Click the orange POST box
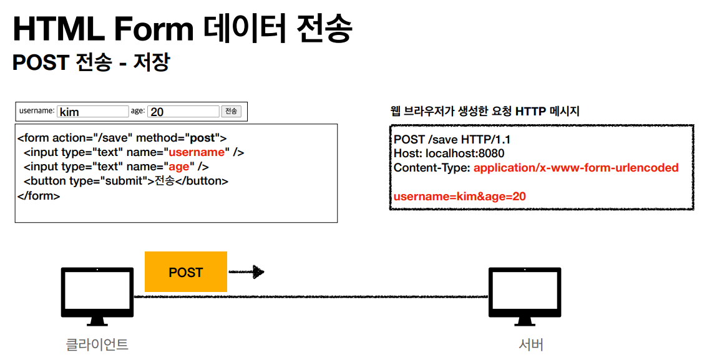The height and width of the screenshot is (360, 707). (186, 271)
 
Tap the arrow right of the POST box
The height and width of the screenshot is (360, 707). (246, 271)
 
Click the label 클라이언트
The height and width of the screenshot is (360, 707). (97, 344)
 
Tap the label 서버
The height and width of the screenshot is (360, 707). (531, 344)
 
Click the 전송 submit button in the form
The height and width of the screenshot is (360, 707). (232, 111)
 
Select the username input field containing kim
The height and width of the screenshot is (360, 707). (93, 112)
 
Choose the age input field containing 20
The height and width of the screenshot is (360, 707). (183, 112)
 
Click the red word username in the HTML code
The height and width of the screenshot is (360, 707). (197, 152)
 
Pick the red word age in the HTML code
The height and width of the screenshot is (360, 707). (179, 167)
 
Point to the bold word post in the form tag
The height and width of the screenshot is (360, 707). (202, 138)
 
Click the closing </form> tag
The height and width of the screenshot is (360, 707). (39, 196)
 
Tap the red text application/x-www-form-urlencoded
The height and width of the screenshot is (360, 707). (576, 168)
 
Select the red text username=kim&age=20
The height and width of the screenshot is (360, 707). (460, 197)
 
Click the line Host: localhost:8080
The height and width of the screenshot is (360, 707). (449, 153)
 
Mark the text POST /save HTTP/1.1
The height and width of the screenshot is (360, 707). (452, 139)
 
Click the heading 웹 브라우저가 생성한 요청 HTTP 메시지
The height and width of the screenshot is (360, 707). (485, 111)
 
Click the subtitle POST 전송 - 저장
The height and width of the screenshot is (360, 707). (91, 62)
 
